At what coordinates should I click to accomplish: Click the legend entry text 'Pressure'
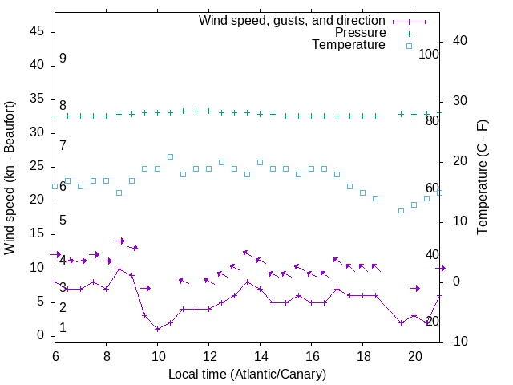pos(362,33)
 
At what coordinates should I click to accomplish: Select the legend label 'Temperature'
pos(349,46)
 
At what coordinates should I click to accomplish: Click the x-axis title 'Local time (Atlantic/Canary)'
pos(247,374)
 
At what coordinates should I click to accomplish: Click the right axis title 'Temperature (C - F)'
pos(482,178)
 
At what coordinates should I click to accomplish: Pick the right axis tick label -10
pos(459,342)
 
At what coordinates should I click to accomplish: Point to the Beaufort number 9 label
pos(63,59)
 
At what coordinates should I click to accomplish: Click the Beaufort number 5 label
pos(63,220)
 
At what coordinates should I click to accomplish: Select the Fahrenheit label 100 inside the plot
pos(429,54)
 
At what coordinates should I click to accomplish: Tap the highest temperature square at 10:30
pos(170,156)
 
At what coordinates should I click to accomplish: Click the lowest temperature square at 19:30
pos(401,211)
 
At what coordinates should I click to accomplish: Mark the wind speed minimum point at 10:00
pos(157,329)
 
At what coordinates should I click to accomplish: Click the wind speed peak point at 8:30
pos(119,269)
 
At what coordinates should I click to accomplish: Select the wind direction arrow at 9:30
pos(144,288)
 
